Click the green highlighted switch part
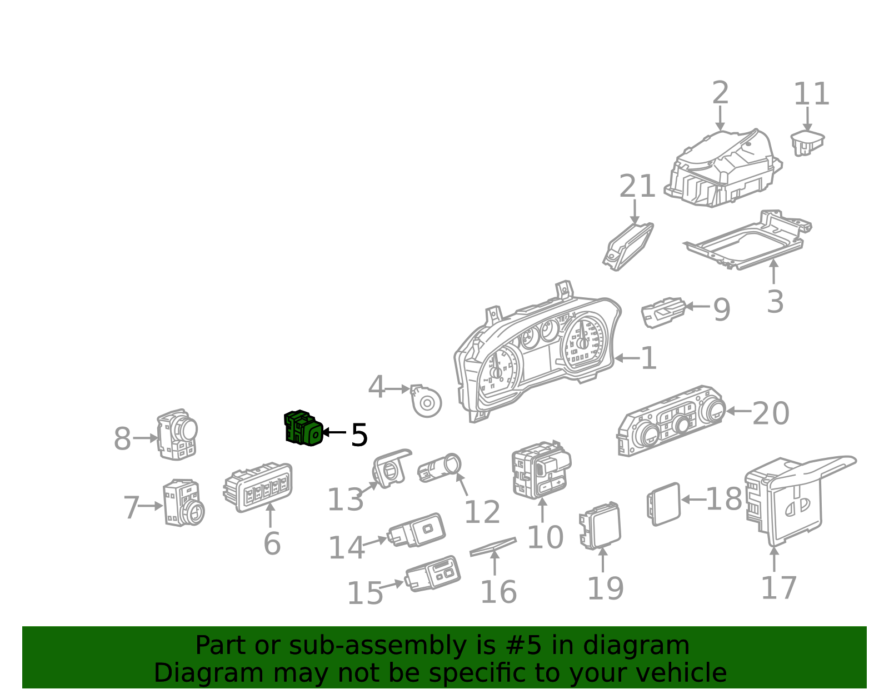click(x=303, y=428)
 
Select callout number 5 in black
click(x=359, y=435)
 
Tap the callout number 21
click(x=637, y=186)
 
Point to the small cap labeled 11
click(x=807, y=143)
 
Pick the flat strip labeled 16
click(x=493, y=547)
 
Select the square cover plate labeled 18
click(x=663, y=504)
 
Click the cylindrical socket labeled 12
click(x=439, y=467)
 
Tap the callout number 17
click(x=778, y=588)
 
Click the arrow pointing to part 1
click(x=627, y=358)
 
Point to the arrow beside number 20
click(x=738, y=411)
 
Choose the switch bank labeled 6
click(x=258, y=487)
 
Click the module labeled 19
click(x=600, y=526)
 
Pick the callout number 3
click(x=775, y=302)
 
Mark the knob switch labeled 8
click(x=177, y=435)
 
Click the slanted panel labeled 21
click(x=628, y=247)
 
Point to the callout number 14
click(x=346, y=548)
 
